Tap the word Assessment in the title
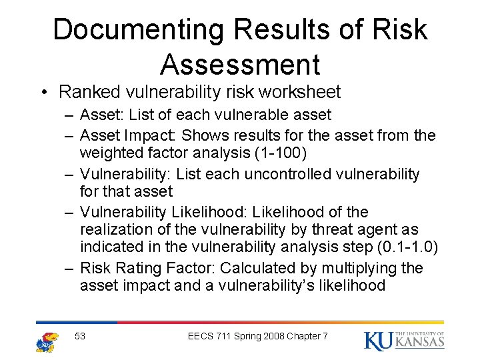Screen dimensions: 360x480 (x=240, y=65)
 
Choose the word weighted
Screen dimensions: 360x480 (x=112, y=153)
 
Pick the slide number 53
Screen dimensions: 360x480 (x=80, y=336)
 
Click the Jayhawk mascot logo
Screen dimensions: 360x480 (x=47, y=341)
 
